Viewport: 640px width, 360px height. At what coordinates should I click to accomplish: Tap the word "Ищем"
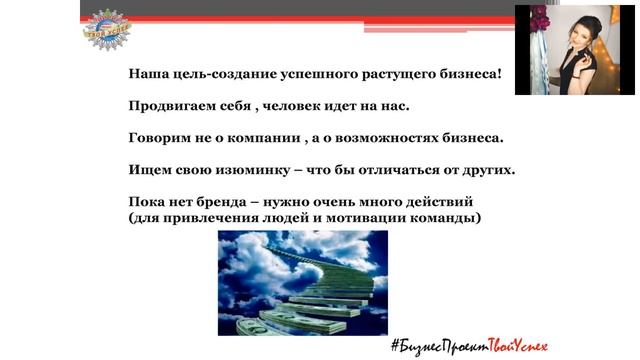(148, 170)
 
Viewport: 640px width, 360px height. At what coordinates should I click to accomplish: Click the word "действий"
(438, 202)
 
